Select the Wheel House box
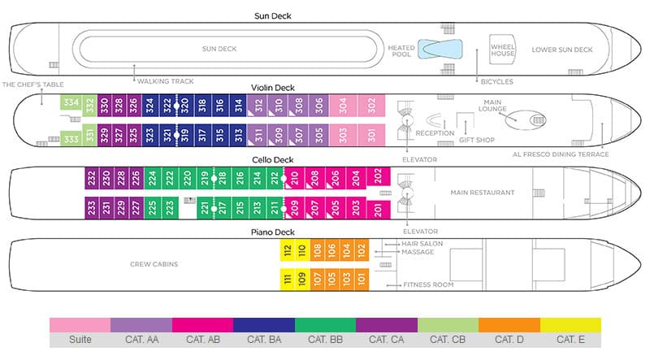click(x=503, y=49)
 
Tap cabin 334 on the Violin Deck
click(x=71, y=103)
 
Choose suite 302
click(x=372, y=105)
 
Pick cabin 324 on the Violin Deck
click(x=149, y=105)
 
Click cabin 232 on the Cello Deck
click(x=92, y=176)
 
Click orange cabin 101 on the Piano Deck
click(x=362, y=279)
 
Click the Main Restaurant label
click(x=483, y=193)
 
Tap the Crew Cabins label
click(x=154, y=264)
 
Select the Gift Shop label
click(x=477, y=140)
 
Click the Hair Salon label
click(x=422, y=243)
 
